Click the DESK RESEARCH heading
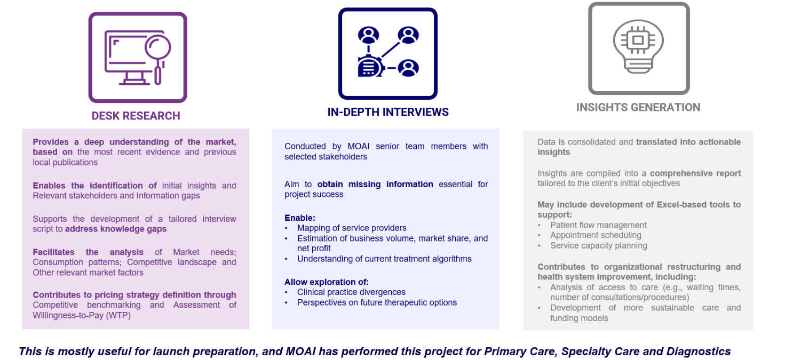[x=136, y=116]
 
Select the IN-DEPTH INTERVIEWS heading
[x=388, y=112]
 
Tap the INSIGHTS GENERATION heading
[x=638, y=107]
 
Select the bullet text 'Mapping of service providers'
[x=352, y=228]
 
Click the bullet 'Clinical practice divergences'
[x=351, y=292]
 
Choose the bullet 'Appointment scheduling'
[x=596, y=235]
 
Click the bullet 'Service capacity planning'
[x=598, y=246]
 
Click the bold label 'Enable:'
[x=300, y=218]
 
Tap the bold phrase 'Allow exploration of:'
[x=327, y=282]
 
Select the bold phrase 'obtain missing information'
[x=375, y=185]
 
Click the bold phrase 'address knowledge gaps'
[x=116, y=229]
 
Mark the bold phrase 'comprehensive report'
[x=695, y=173]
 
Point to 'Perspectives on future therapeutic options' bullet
[x=377, y=302]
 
